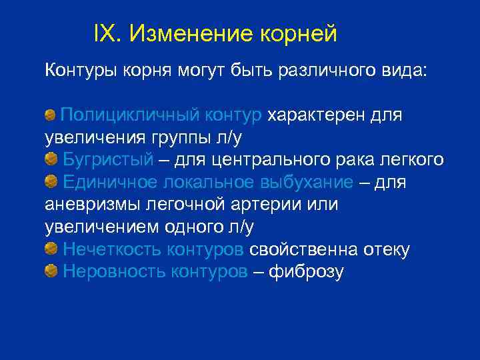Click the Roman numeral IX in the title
point(106,33)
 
